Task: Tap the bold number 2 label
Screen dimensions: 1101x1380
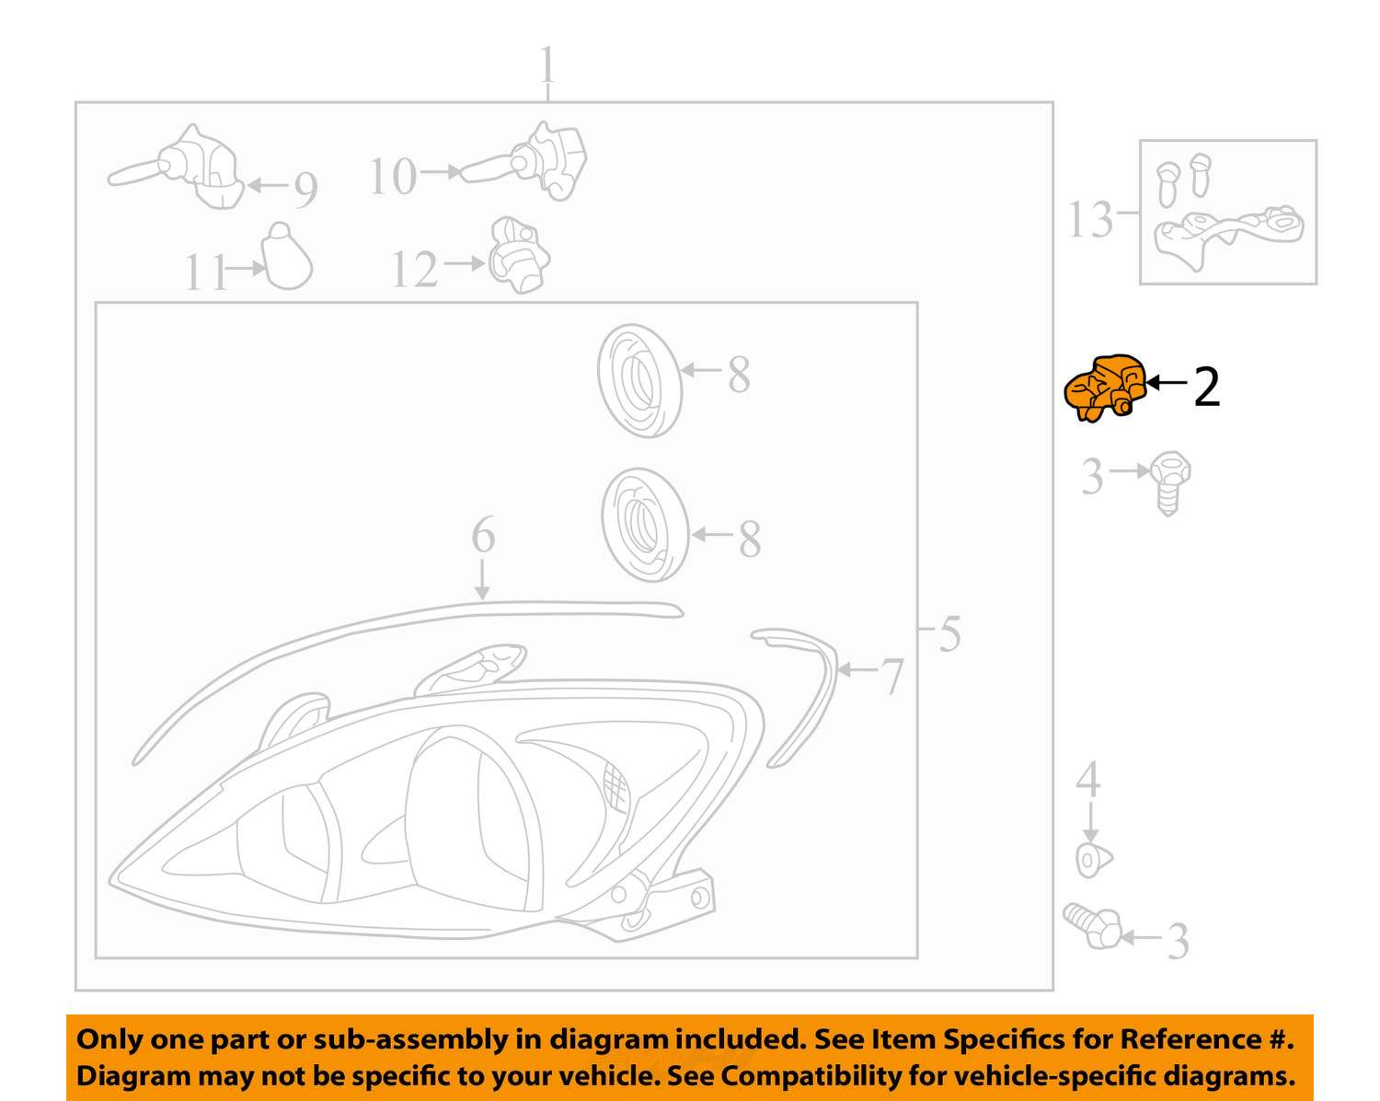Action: point(1206,388)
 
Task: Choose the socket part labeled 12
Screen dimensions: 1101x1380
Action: point(519,256)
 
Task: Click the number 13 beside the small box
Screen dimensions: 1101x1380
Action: point(1090,220)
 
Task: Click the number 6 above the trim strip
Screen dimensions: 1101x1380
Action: point(483,535)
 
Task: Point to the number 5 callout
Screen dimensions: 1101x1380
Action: point(949,634)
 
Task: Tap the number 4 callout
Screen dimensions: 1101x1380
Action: point(1088,779)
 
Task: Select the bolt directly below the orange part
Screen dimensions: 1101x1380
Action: point(1169,481)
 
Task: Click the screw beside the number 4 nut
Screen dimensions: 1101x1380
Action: point(1093,925)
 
